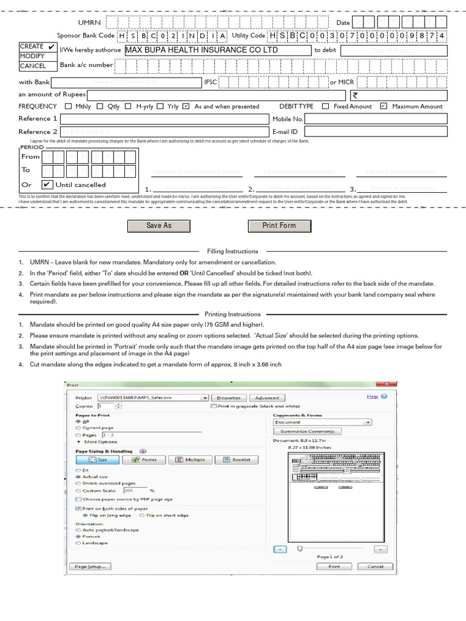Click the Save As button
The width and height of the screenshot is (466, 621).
point(158,226)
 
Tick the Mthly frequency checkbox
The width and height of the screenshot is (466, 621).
point(68,106)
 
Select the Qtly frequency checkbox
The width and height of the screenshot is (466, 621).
point(100,106)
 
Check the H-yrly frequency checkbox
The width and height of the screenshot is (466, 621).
point(128,106)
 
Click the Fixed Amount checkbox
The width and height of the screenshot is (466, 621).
point(325,106)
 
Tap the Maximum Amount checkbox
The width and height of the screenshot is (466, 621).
point(383,106)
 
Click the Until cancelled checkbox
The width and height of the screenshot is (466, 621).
point(47,184)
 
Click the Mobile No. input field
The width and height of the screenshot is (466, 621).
point(375,119)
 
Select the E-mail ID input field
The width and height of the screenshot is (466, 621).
point(375,132)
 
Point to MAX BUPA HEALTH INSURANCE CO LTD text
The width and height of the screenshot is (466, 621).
point(201,50)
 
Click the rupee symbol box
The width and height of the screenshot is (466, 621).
point(398,95)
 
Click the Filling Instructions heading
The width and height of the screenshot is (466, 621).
point(232,251)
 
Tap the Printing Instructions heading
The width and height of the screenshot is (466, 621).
point(232,314)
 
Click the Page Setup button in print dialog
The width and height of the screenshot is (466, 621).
point(90,566)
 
